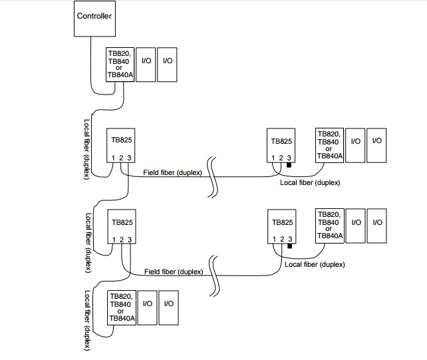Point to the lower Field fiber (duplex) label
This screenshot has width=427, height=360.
click(x=173, y=271)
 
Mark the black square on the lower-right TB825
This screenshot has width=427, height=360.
click(x=289, y=246)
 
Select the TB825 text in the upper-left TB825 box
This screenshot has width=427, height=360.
click(x=121, y=142)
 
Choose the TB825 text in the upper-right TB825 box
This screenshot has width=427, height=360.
click(x=281, y=142)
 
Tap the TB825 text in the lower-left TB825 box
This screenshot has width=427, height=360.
click(x=121, y=224)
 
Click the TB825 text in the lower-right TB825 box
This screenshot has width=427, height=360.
click(x=281, y=224)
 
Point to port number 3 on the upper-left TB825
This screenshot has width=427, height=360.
click(x=130, y=158)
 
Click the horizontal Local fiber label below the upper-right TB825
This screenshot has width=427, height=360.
click(x=310, y=182)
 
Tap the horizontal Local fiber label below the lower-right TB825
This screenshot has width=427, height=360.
click(x=314, y=264)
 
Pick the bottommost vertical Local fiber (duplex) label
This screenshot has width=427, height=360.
click(x=87, y=320)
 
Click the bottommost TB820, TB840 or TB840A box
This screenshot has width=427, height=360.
click(x=122, y=307)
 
